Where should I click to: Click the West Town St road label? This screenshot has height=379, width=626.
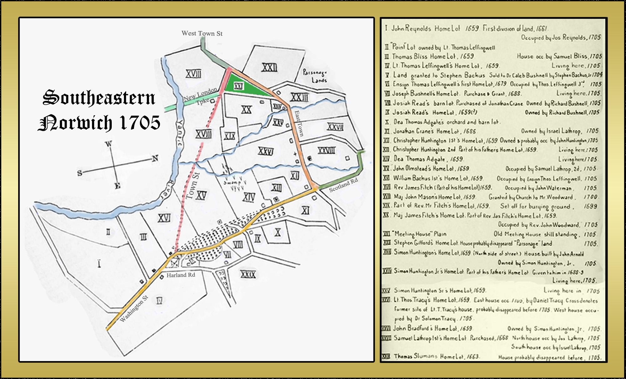202,34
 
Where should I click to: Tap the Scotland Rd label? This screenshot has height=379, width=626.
343,185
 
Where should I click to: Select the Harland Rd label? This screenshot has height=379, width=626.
181,275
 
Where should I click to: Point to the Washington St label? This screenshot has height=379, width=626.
134,309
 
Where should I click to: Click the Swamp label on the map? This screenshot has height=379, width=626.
232,182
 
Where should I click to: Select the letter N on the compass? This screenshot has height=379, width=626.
155,158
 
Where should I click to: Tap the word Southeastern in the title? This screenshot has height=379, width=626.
99,98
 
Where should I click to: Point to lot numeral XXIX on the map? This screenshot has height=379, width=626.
248,275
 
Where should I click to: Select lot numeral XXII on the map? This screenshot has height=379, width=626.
269,67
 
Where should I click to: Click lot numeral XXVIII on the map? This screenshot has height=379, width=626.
326,151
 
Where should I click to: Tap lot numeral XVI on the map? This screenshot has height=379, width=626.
164,218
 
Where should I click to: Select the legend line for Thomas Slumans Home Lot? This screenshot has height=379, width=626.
436,356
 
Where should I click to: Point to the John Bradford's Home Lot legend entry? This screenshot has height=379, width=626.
432,328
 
